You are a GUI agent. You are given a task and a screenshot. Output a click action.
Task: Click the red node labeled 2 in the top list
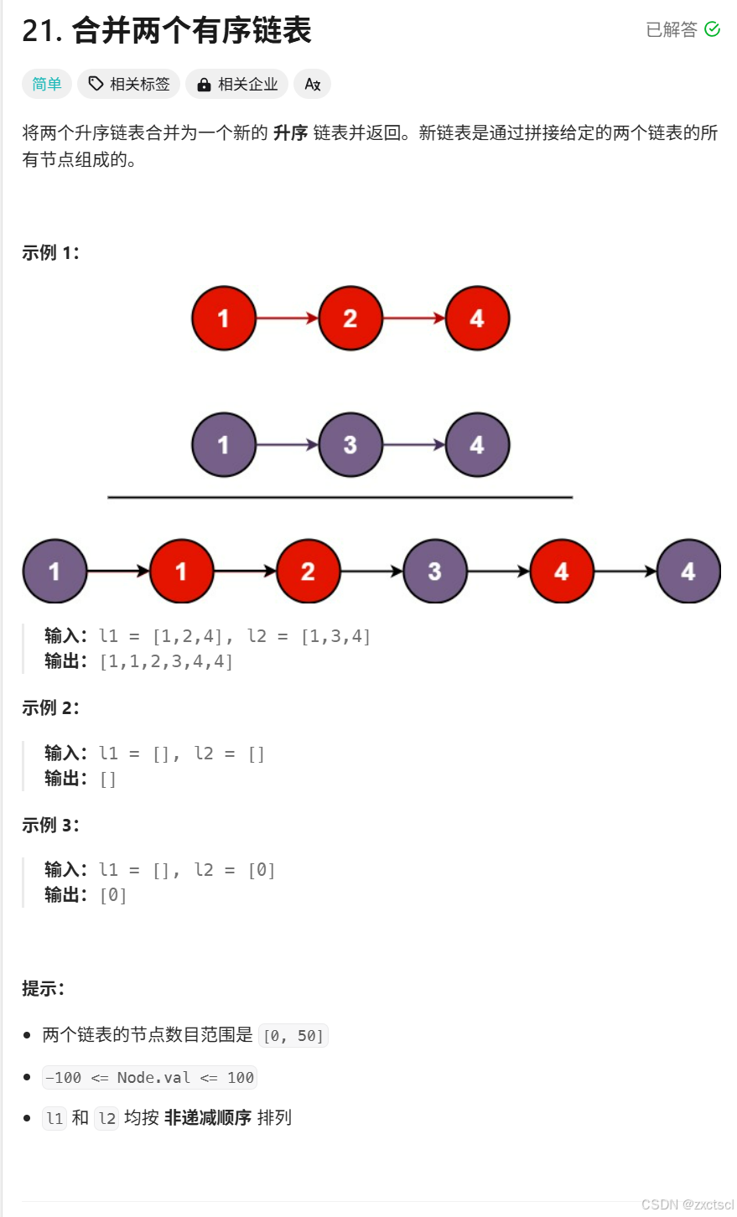point(350,318)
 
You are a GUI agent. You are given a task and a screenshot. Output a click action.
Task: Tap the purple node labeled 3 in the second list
point(350,445)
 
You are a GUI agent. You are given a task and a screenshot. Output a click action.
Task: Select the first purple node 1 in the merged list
point(54,572)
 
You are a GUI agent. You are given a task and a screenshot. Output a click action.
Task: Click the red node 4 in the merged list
point(562,572)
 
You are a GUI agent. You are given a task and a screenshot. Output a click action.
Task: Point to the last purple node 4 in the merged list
point(688,572)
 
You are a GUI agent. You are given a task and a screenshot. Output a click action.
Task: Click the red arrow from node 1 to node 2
point(287,318)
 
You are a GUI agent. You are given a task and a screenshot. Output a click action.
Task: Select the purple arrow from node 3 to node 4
point(413,445)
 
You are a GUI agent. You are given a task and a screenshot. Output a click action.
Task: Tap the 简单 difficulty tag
point(47,84)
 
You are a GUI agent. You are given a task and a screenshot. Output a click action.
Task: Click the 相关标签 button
point(130,84)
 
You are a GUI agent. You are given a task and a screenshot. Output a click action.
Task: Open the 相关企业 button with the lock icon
point(237,84)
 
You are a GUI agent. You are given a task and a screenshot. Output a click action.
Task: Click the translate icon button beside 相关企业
point(313,84)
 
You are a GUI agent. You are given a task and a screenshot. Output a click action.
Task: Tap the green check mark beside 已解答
point(713,29)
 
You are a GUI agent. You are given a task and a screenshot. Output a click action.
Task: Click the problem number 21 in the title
point(42,31)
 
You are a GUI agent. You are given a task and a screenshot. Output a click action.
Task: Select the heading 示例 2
point(50,707)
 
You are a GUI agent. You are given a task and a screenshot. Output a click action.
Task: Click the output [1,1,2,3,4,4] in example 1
point(166,661)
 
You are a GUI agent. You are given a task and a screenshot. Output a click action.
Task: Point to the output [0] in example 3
point(113,895)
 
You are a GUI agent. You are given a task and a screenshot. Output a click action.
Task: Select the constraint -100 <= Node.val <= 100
point(149,1077)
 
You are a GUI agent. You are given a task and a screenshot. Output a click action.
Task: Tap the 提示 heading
point(43,988)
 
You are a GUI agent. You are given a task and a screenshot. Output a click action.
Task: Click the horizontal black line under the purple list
point(340,497)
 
